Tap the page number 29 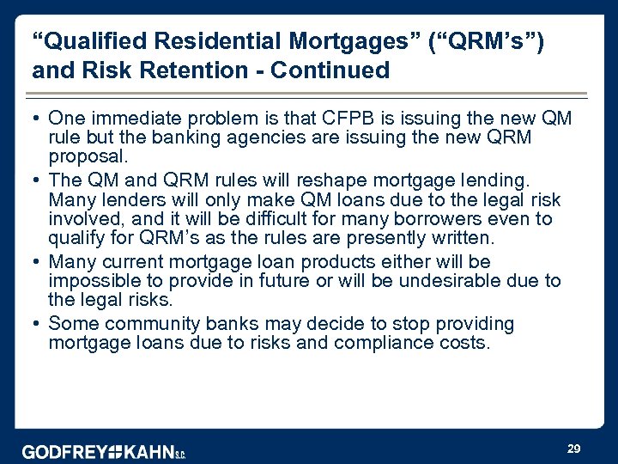click(574, 449)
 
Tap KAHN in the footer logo click(149, 452)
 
